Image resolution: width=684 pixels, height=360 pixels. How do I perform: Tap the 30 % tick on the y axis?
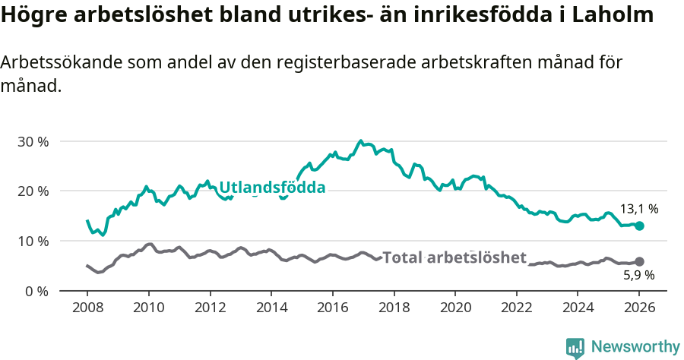click(x=33, y=141)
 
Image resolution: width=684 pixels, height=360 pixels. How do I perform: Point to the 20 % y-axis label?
click(x=33, y=191)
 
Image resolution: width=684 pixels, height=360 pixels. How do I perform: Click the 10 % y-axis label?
click(x=33, y=241)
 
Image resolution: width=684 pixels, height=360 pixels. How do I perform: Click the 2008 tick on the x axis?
click(x=87, y=308)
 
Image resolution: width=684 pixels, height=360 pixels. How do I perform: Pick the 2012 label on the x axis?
click(x=210, y=308)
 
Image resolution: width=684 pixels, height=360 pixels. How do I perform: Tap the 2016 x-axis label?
click(x=332, y=308)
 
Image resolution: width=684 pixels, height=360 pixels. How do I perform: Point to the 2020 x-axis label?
click(x=455, y=308)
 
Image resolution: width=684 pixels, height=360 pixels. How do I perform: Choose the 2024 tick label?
click(x=578, y=308)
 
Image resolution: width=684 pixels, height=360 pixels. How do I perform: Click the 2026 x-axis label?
click(x=639, y=308)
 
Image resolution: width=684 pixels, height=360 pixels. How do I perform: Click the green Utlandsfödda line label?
click(x=272, y=188)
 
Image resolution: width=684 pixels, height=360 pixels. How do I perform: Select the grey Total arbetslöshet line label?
click(x=454, y=257)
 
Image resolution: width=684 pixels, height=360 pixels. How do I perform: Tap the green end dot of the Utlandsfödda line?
click(x=639, y=226)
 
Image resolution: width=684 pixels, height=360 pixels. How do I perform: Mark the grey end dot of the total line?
click(x=639, y=261)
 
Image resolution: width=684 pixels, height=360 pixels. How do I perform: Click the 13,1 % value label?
click(x=640, y=208)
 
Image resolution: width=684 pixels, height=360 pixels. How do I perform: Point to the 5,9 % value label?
click(x=638, y=276)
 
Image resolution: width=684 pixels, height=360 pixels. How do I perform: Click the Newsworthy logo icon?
click(x=575, y=347)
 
